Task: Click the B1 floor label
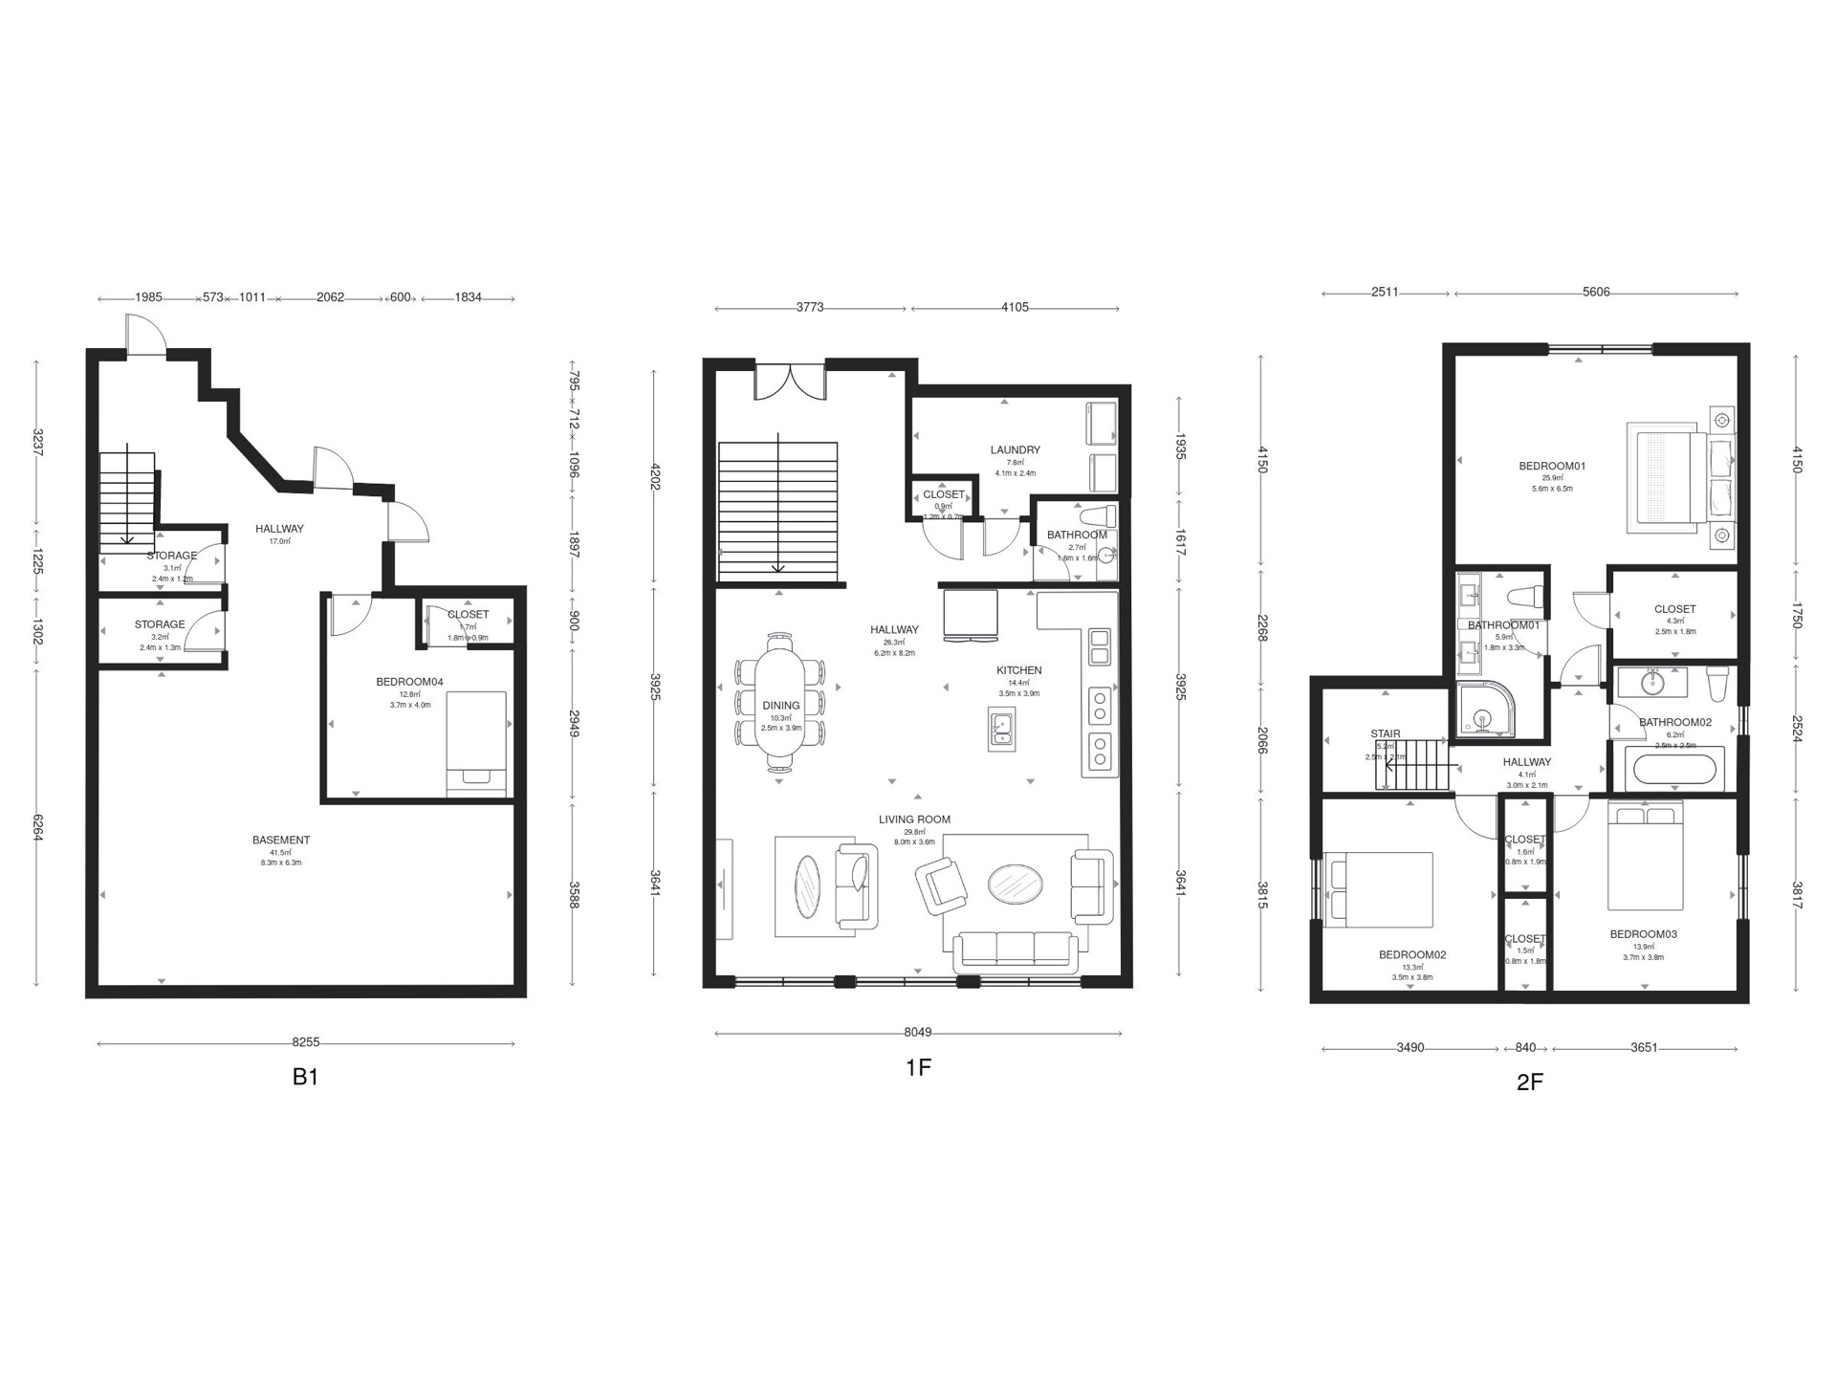pos(305,1077)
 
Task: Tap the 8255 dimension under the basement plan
pos(305,1043)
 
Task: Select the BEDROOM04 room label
pos(409,682)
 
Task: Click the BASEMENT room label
pos(281,840)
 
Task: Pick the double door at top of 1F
pos(790,382)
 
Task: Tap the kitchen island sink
pos(1002,729)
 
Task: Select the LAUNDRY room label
pos(1015,449)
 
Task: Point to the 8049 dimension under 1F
pos(917,1033)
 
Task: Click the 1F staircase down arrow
pos(778,566)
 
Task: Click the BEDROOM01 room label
pos(1552,467)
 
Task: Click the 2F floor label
pos(1529,1082)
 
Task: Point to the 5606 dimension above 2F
pos(1595,293)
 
